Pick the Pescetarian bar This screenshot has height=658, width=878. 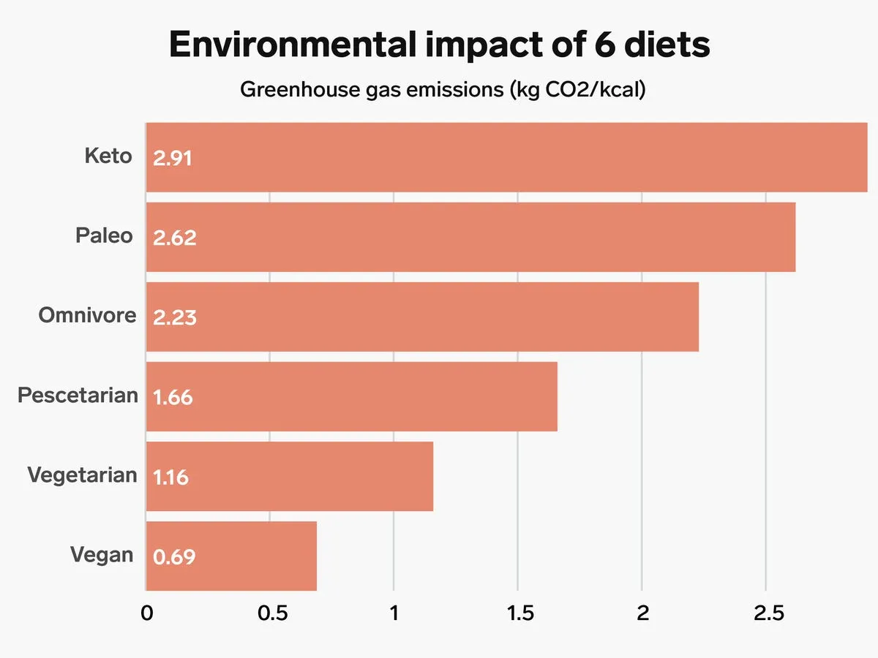tap(351, 396)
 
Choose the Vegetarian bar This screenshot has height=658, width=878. tap(290, 476)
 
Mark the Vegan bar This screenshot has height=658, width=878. tap(231, 556)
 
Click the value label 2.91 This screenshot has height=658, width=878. tap(173, 158)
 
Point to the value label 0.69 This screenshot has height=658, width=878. tap(174, 556)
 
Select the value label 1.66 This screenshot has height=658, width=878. tap(173, 397)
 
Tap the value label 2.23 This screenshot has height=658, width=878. tap(174, 317)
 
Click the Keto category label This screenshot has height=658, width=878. tap(108, 156)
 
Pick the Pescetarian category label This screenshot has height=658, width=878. tap(78, 395)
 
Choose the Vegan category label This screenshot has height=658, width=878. tap(102, 554)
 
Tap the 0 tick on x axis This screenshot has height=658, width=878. tap(146, 613)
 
